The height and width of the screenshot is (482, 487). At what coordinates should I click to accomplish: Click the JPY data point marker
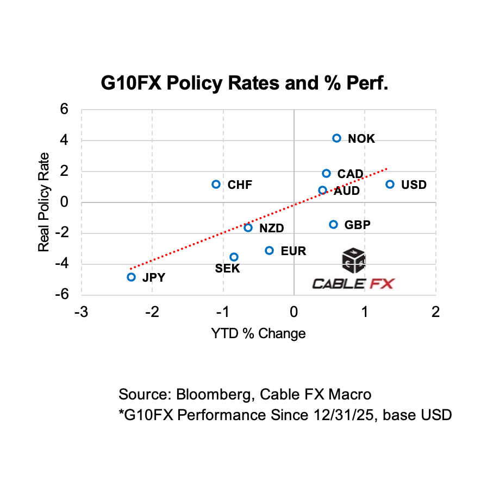point(131,277)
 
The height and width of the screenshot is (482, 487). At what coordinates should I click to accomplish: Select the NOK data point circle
point(336,138)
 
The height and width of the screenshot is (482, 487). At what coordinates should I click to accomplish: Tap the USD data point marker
point(390,185)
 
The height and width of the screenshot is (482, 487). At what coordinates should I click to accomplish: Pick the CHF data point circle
point(216,185)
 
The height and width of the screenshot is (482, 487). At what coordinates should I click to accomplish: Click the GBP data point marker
point(333,225)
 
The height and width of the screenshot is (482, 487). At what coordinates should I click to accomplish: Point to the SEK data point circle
point(234,257)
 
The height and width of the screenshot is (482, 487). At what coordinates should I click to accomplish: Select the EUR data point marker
point(269,250)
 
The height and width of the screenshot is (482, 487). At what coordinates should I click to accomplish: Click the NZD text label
point(271,229)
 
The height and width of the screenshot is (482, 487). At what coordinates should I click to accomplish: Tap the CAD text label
point(350,174)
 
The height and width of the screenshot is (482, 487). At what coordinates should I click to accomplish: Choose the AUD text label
point(346,191)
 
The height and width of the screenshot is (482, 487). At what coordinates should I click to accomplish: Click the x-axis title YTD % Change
point(258,333)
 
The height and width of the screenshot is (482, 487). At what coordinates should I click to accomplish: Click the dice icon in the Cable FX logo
point(353,261)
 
